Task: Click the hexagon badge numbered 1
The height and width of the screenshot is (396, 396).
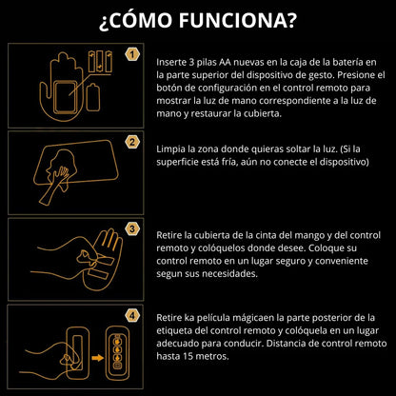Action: (132, 54)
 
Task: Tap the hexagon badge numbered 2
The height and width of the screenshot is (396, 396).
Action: (132, 142)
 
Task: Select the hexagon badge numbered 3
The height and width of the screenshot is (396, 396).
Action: (132, 228)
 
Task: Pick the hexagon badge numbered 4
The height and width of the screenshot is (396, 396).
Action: (132, 316)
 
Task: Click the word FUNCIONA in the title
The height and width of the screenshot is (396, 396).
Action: (238, 21)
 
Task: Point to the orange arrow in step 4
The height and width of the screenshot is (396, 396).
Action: (98, 358)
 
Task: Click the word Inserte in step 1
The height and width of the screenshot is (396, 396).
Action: (170, 62)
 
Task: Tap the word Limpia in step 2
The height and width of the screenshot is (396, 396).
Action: (170, 149)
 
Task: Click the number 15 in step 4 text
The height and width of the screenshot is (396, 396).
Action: (188, 356)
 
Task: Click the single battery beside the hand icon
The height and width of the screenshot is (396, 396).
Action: (93, 97)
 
